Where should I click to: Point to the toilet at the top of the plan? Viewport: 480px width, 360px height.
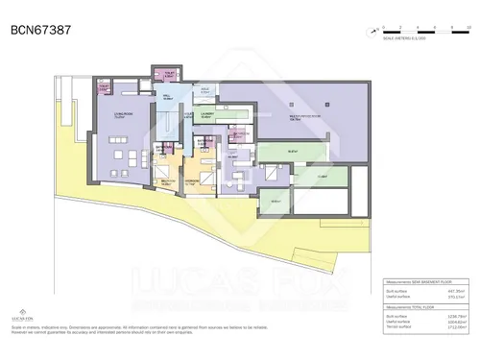coord(169,74)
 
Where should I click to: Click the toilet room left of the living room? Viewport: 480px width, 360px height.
coord(104,88)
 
